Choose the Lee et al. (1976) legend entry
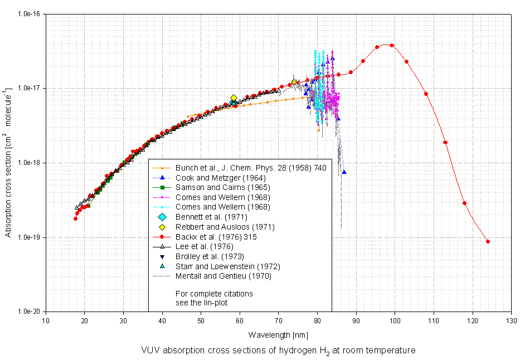201,246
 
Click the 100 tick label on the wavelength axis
395,320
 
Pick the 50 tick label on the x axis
201,320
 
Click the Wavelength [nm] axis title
278,335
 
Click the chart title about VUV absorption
279,351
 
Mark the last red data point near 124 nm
488,241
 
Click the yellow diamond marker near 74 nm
294,82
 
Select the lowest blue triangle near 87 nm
344,172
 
